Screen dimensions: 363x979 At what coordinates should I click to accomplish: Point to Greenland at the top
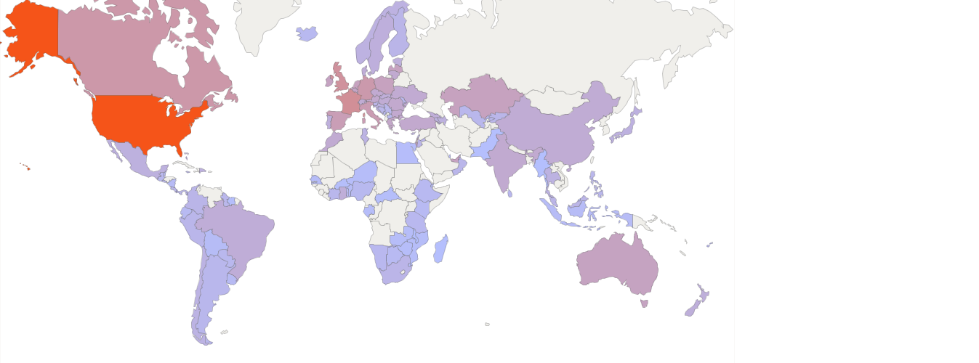[262, 22]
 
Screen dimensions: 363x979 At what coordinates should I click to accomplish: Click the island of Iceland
[307, 33]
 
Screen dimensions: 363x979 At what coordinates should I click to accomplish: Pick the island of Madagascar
[440, 249]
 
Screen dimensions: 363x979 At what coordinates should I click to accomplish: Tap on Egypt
[408, 152]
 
